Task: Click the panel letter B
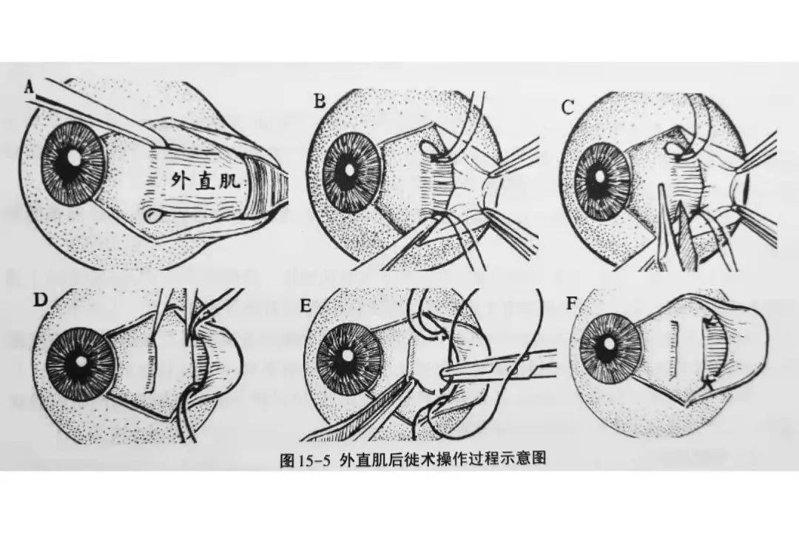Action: [x=320, y=102]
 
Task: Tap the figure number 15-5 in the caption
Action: [x=314, y=460]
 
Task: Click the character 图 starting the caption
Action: [x=288, y=460]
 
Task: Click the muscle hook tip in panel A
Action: [x=152, y=216]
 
